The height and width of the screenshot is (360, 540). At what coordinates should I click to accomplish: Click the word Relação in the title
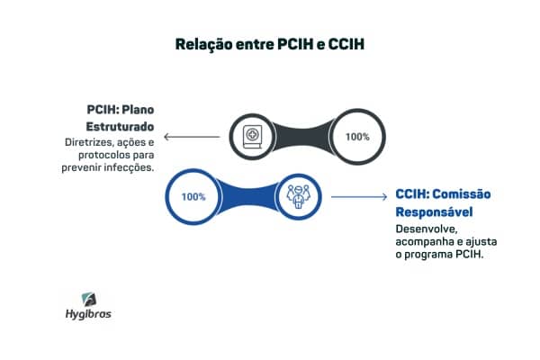(204, 45)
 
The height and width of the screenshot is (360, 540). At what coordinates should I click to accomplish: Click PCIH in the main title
(296, 44)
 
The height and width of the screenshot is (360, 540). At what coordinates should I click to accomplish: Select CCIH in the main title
(346, 44)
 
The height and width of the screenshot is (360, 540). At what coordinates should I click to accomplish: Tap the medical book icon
(252, 137)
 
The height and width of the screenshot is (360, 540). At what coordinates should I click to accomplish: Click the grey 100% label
(357, 137)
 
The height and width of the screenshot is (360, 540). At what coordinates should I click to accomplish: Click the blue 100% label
(193, 197)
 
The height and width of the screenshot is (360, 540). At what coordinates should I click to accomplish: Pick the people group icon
(299, 196)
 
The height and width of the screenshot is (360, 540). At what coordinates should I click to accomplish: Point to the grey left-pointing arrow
(192, 137)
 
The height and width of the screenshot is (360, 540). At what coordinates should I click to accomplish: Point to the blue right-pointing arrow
(359, 197)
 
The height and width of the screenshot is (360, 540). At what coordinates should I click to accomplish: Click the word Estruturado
(120, 127)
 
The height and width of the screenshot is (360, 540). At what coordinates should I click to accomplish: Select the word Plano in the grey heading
(138, 110)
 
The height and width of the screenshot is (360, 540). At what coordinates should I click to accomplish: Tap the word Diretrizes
(89, 142)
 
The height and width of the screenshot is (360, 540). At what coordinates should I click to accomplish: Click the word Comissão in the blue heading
(462, 194)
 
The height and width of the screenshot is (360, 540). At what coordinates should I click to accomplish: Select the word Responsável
(434, 211)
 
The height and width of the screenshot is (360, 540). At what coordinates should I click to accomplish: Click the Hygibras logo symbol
(89, 300)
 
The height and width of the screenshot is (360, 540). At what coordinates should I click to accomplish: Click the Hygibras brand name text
(88, 314)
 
